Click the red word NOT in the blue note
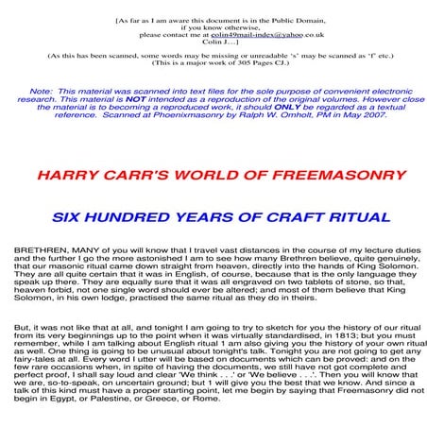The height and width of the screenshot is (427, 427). click(x=136, y=98)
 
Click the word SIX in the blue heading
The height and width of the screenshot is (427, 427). click(x=70, y=217)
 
